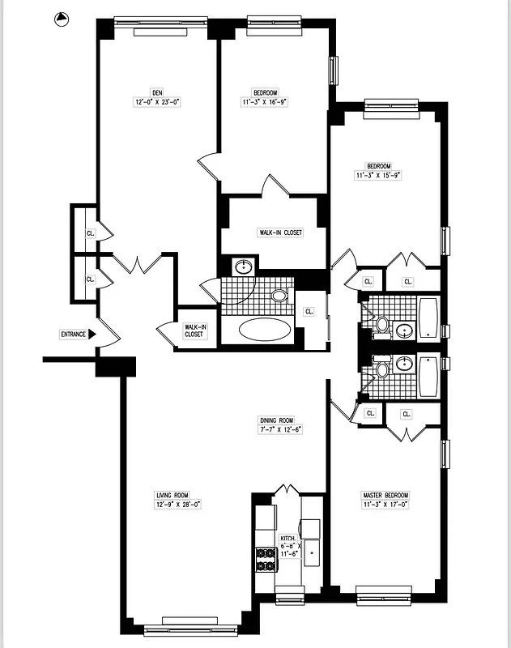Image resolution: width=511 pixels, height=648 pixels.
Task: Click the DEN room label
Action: click(x=157, y=92)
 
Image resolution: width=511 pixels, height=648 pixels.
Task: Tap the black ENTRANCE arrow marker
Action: click(x=92, y=334)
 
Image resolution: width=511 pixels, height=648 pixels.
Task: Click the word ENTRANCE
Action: click(x=73, y=334)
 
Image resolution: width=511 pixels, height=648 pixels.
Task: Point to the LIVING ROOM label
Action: click(x=172, y=495)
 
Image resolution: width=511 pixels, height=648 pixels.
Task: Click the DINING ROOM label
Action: click(x=276, y=420)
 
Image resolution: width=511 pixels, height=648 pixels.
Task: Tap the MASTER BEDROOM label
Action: click(x=386, y=495)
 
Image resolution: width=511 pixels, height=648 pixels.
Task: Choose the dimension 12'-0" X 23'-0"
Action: click(x=157, y=102)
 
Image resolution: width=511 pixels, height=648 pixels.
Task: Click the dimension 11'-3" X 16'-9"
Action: click(x=265, y=102)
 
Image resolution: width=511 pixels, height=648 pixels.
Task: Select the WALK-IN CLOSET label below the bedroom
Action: click(x=280, y=232)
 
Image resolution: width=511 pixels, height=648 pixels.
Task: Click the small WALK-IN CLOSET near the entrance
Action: click(x=195, y=330)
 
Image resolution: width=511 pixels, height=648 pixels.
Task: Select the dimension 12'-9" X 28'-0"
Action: click(x=172, y=504)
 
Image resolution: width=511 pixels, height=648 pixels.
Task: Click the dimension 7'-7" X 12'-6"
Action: click(x=276, y=429)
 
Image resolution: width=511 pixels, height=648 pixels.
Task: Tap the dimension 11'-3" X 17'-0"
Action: click(x=386, y=505)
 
